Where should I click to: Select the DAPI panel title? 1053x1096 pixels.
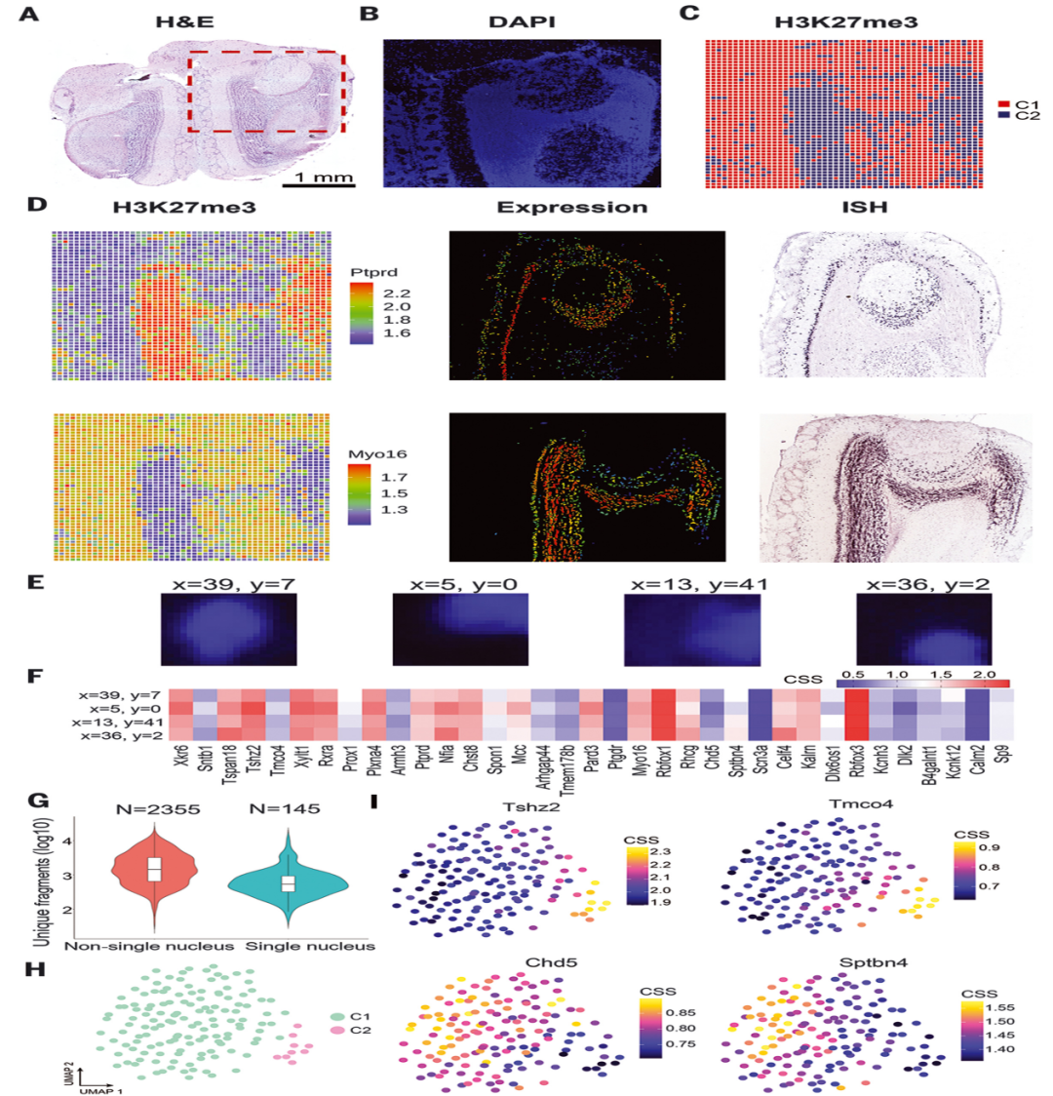click(x=521, y=19)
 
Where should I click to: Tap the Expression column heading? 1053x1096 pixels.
click(x=571, y=208)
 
